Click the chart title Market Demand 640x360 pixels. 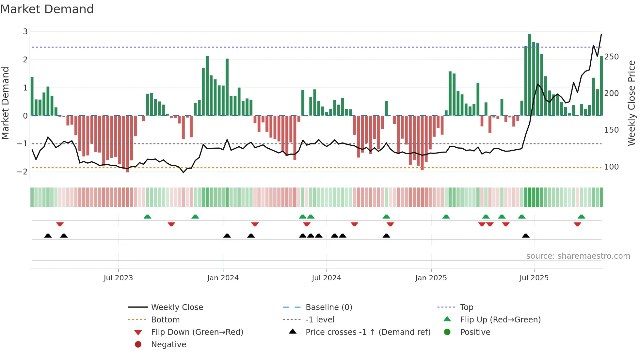click(x=47, y=9)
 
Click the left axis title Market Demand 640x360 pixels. click(x=5, y=103)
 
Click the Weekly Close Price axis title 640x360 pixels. click(x=632, y=103)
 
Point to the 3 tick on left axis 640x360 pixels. click(x=25, y=32)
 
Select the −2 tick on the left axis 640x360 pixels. click(x=23, y=172)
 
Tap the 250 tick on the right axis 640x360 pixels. click(x=611, y=57)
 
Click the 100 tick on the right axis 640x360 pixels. click(x=611, y=167)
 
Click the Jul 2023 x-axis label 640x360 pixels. click(x=118, y=278)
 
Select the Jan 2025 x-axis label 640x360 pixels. click(x=431, y=278)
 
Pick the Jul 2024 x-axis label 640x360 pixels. click(x=326, y=278)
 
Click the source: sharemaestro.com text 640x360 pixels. click(x=578, y=256)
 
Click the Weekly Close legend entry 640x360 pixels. click(x=177, y=307)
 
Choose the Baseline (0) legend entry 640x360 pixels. click(x=328, y=307)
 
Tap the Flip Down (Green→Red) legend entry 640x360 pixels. click(x=197, y=332)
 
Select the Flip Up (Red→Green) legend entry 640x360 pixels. click(x=500, y=320)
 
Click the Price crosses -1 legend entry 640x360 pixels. click(x=368, y=332)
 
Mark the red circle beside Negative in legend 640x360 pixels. click(x=138, y=345)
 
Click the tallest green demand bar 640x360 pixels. click(x=530, y=75)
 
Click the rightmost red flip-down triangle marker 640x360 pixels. click(x=577, y=224)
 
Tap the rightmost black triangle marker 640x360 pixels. click(x=525, y=236)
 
